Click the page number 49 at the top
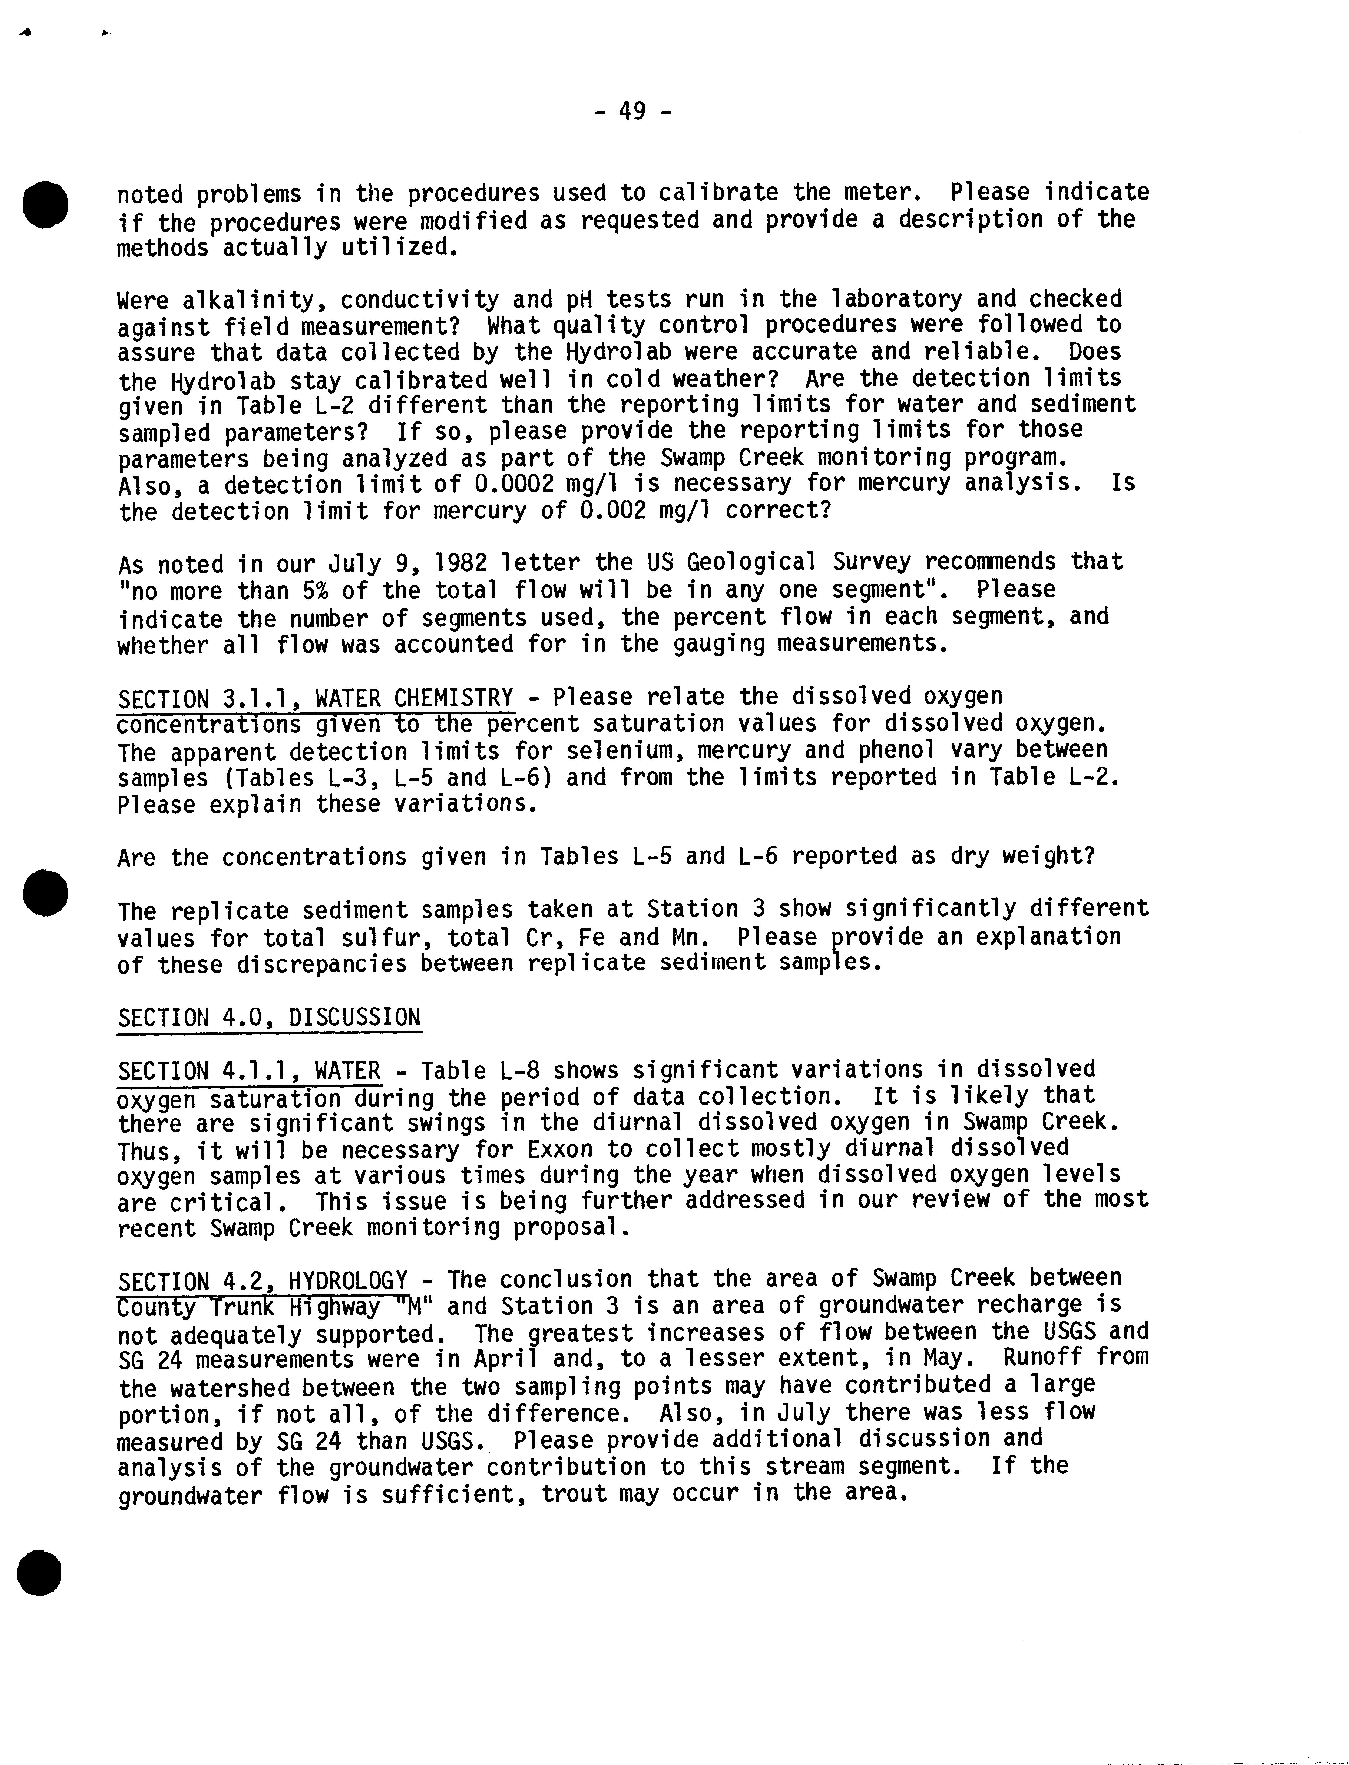coord(632,111)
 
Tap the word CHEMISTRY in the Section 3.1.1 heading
coord(454,697)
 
